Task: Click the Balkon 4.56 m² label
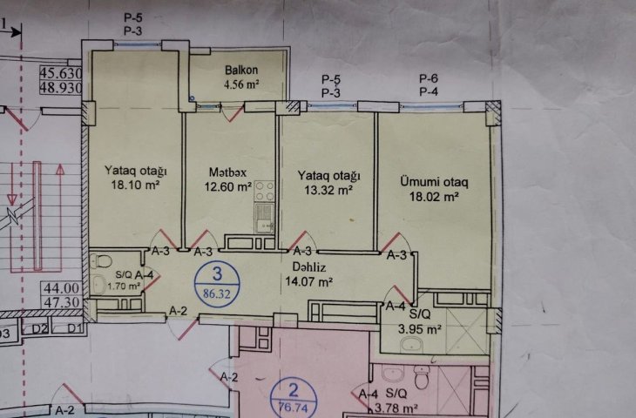[x=241, y=77]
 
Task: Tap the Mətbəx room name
[x=227, y=172]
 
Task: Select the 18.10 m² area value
[x=135, y=185]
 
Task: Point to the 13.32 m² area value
[x=328, y=190]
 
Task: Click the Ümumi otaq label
[x=434, y=182]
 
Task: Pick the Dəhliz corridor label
[x=309, y=267]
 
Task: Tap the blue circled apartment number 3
[x=218, y=283]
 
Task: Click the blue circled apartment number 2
[x=294, y=399]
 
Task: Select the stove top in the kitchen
[x=264, y=192]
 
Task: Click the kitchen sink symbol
[x=264, y=218]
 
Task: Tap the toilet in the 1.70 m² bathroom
[x=101, y=261]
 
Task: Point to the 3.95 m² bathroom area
[x=419, y=329]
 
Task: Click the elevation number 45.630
[x=61, y=73]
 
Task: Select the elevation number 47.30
[x=62, y=302]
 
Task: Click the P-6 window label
[x=429, y=78]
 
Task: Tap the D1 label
[x=75, y=328]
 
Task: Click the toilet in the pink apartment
[x=422, y=377]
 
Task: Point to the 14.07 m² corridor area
[x=309, y=281]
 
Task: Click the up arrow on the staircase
[x=60, y=218]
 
